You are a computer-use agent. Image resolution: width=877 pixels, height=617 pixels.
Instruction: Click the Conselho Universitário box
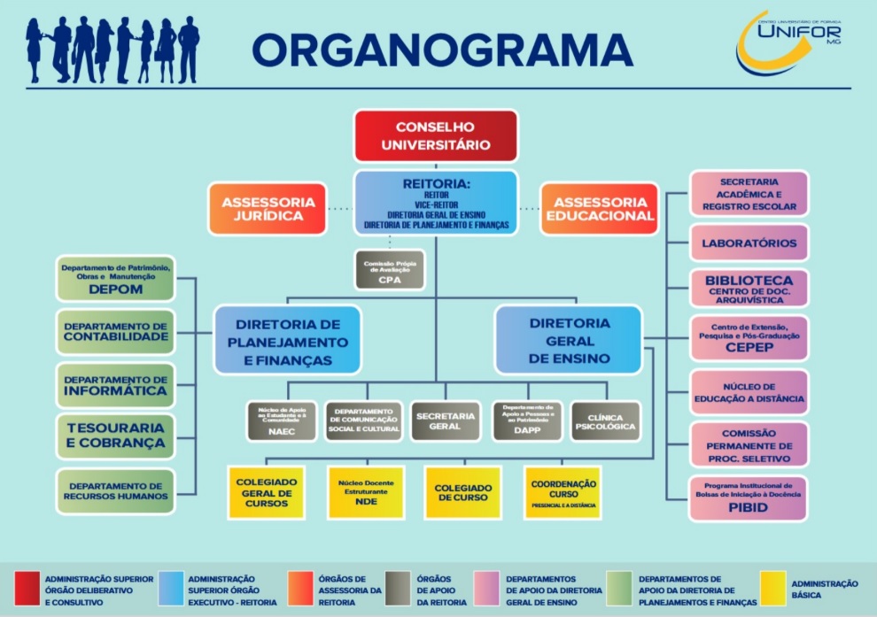point(436,135)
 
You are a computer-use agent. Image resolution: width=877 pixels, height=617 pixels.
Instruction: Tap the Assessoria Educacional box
point(599,208)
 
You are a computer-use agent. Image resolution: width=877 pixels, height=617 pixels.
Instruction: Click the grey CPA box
point(389,270)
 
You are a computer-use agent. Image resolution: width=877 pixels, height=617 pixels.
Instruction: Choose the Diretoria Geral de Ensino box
point(568,340)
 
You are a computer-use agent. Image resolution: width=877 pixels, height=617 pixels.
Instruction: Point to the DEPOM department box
point(115,277)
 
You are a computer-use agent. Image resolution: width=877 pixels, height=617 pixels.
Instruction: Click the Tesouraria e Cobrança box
point(115,436)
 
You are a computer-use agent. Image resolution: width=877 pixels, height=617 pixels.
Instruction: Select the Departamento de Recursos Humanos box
point(115,490)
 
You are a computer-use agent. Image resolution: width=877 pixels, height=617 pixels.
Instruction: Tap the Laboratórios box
point(749,243)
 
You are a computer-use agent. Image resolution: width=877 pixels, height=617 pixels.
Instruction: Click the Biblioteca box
point(749,288)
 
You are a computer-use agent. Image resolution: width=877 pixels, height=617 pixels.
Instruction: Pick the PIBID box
point(749,497)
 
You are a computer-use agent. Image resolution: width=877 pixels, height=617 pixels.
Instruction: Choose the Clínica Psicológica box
point(605,421)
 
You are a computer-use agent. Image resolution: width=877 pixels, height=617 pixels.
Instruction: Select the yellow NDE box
point(366,491)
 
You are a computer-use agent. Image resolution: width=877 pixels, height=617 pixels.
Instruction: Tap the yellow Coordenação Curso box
point(563,491)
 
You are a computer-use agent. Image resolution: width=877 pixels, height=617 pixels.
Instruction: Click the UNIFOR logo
point(788,42)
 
